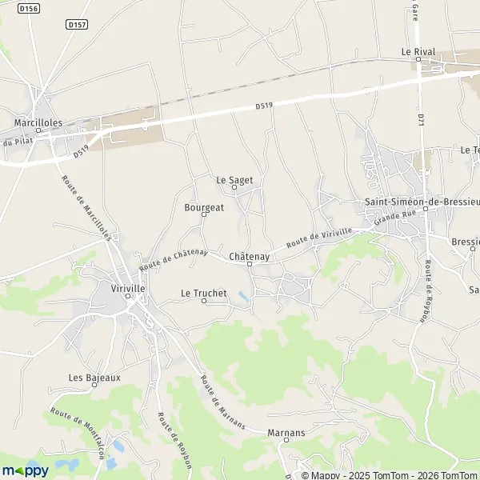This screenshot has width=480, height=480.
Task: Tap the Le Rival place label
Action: [x=418, y=51]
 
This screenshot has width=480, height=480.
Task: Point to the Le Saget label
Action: [x=234, y=180]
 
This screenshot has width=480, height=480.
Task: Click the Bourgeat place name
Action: [x=204, y=206]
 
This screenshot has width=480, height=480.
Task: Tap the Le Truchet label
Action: [x=204, y=293]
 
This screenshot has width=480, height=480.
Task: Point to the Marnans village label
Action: [x=286, y=432]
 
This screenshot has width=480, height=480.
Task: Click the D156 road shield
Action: [x=28, y=8]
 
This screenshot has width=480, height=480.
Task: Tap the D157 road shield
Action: [x=78, y=25]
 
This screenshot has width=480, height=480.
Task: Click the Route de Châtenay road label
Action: [x=174, y=259]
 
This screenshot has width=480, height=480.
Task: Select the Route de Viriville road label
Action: [x=319, y=237]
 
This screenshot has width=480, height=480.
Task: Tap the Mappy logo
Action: [x=25, y=470]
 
